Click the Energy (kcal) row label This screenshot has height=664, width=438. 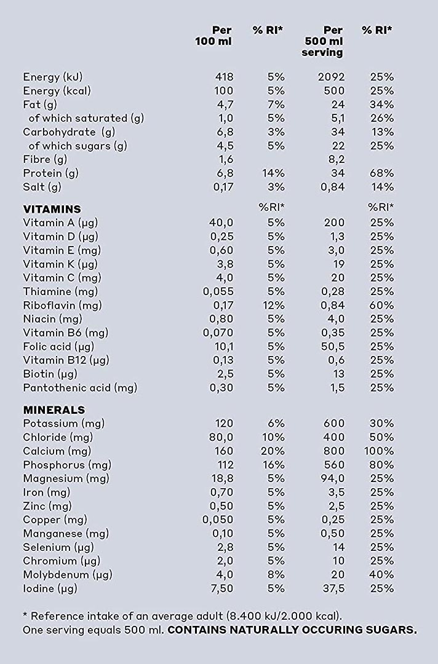[x=57, y=90]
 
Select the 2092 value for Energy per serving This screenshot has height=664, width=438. [x=331, y=77]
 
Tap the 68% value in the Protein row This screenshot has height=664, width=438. [x=381, y=173]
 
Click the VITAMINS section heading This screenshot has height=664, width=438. [x=52, y=209]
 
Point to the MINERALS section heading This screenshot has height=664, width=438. [x=54, y=410]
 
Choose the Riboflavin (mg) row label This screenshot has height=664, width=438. [x=62, y=306]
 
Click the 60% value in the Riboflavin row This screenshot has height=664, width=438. [x=381, y=306]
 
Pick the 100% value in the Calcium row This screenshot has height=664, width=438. [x=379, y=451]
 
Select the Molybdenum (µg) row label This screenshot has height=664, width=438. [x=68, y=575]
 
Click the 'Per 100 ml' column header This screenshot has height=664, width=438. [x=213, y=36]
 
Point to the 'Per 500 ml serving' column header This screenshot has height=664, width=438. [x=322, y=42]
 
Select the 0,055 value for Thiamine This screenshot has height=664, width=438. [x=218, y=292]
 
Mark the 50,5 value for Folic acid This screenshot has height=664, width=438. [x=333, y=347]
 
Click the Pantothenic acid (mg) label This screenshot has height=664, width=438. [x=80, y=388]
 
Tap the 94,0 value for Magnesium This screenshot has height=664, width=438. [x=333, y=478]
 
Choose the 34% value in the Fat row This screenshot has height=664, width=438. [x=381, y=105]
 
